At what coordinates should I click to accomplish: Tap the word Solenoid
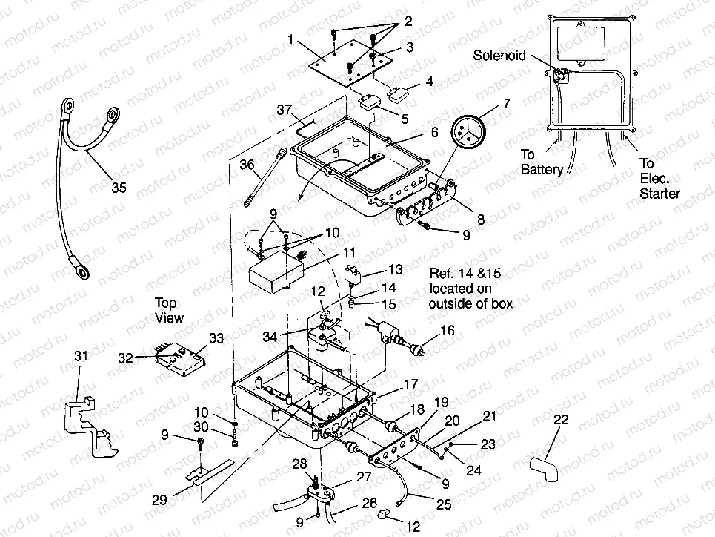tap(501, 56)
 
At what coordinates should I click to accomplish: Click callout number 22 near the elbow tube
tap(561, 421)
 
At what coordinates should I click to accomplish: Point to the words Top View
tap(167, 310)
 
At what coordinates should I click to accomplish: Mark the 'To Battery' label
tap(541, 162)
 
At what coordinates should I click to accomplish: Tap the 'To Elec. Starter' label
tap(658, 179)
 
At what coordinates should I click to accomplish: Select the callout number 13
tap(396, 270)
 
